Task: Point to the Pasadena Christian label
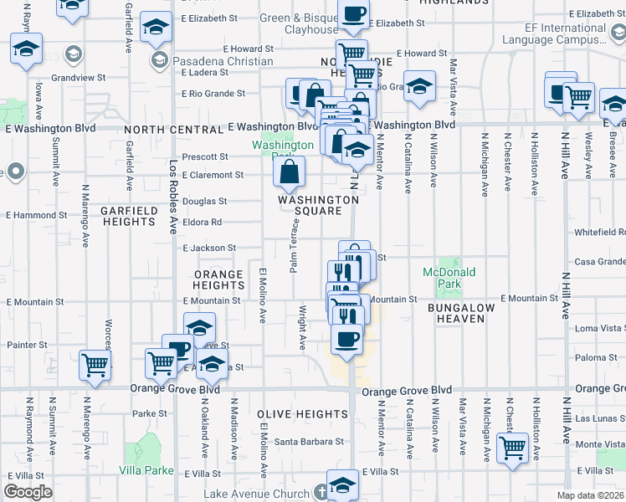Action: click(x=223, y=61)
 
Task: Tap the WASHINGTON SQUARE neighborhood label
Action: click(x=318, y=205)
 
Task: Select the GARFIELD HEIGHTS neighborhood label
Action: click(x=128, y=216)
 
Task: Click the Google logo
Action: click(x=28, y=492)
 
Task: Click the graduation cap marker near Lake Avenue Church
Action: click(x=342, y=484)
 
